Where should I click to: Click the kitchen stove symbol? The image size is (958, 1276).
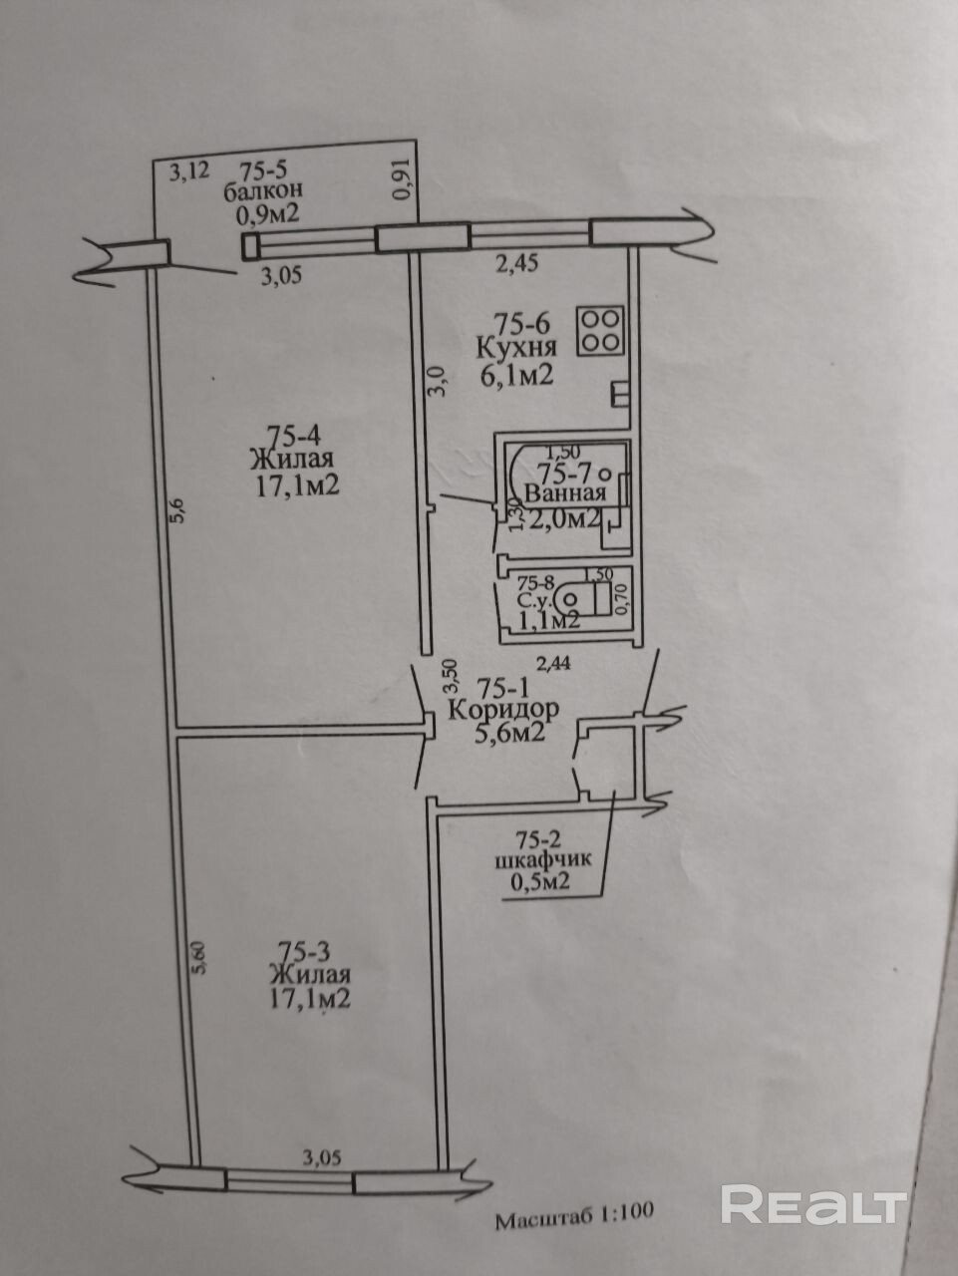[599, 330]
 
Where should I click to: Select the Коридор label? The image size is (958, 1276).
[502, 710]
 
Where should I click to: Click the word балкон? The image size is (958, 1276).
[264, 189]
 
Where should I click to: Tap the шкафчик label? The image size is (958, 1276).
[538, 860]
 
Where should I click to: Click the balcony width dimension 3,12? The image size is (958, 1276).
[188, 171]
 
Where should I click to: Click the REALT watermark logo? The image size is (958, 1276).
[813, 1204]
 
